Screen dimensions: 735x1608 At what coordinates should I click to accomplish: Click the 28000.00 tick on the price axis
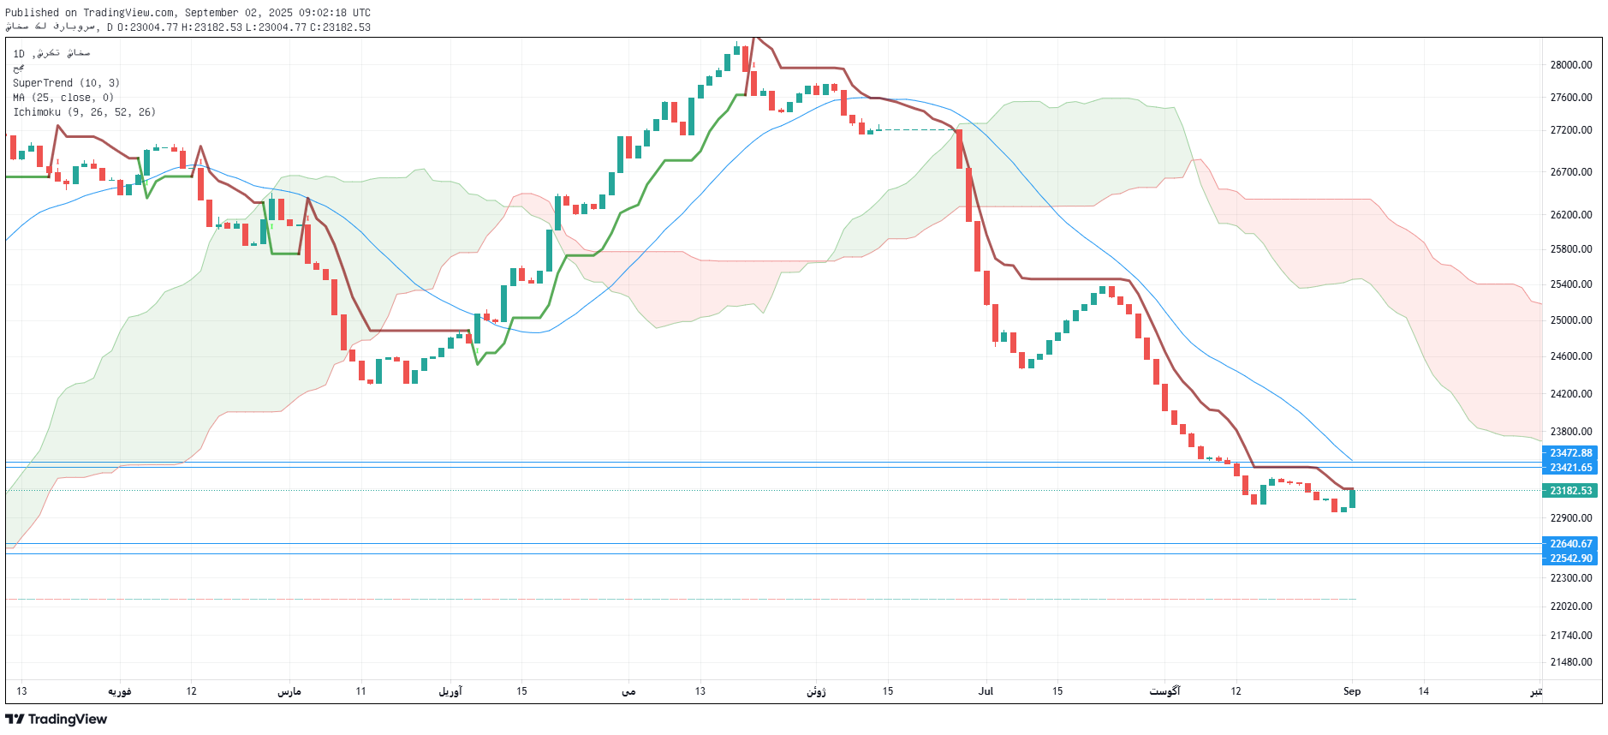[x=1570, y=65]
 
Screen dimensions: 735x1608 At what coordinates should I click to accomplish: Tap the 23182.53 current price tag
[x=1570, y=491]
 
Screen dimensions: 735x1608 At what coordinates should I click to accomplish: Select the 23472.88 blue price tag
[x=1570, y=453]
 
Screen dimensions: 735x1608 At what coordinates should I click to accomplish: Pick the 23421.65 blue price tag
[x=1570, y=468]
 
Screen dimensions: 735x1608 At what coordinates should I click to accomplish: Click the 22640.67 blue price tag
[x=1570, y=544]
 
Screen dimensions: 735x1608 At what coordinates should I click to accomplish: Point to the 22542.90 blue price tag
[x=1570, y=559]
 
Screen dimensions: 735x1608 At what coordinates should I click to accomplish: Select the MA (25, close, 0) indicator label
[x=63, y=98]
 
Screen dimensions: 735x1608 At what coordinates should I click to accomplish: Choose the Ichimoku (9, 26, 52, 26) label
[x=84, y=112]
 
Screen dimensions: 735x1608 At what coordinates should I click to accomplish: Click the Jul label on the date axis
[x=986, y=691]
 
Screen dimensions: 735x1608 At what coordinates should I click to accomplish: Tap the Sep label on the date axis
[x=1351, y=691]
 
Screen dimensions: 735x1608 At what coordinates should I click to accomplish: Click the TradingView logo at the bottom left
[x=57, y=720]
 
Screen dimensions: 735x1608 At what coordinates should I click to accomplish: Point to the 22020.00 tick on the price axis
[x=1570, y=607]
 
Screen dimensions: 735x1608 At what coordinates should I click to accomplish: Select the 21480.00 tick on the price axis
[x=1570, y=662]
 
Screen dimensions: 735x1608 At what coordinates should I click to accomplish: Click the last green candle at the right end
[x=1352, y=499]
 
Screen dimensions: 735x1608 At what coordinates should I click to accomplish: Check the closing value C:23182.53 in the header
[x=340, y=27]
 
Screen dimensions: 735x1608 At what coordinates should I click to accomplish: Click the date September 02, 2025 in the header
[x=239, y=13]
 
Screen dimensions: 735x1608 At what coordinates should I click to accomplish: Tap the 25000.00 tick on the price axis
[x=1570, y=320]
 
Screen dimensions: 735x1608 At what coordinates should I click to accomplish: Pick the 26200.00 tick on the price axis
[x=1570, y=215]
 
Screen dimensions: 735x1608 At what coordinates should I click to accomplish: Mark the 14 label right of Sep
[x=1423, y=691]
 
